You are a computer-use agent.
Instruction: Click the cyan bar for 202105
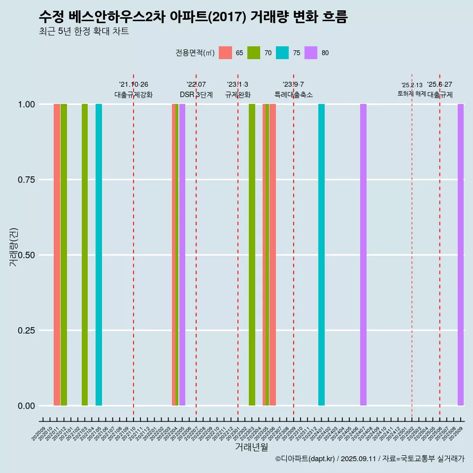(x=99, y=255)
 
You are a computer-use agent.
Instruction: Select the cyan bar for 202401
(x=321, y=255)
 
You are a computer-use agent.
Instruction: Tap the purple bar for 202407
(x=363, y=255)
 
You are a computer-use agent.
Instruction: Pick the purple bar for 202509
(x=461, y=255)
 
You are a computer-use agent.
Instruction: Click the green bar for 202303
(x=252, y=255)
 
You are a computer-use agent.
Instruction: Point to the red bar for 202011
(x=57, y=255)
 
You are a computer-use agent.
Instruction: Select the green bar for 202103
(x=85, y=255)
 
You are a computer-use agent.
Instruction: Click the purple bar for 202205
(x=182, y=255)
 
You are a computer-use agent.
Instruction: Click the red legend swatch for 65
(x=225, y=53)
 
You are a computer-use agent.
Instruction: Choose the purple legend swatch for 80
(x=311, y=53)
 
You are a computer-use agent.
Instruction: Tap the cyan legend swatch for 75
(x=282, y=53)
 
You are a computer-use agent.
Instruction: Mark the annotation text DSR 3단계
(x=196, y=95)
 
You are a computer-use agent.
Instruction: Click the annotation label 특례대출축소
(x=294, y=95)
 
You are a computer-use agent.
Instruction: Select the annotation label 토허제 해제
(x=412, y=94)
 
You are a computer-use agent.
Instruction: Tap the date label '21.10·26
(x=134, y=85)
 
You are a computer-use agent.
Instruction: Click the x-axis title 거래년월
(x=252, y=447)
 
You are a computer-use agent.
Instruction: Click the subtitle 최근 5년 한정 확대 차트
(x=84, y=32)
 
